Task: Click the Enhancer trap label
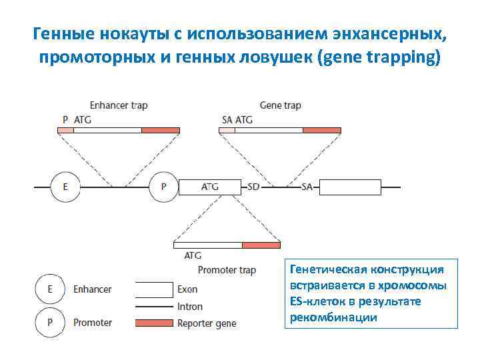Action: tap(119, 105)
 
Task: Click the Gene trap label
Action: tap(280, 105)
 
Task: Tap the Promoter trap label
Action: tap(227, 270)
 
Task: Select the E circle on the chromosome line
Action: tap(65, 187)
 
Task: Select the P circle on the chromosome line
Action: tap(163, 187)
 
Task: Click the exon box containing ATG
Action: tap(209, 187)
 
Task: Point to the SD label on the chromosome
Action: tap(253, 187)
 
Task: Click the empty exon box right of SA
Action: tap(351, 187)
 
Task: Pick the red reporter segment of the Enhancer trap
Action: tap(160, 130)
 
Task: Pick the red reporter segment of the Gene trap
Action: tap(321, 130)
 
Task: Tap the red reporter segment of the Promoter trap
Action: tap(261, 245)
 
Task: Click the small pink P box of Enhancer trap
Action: tap(65, 130)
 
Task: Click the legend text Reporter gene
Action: tap(207, 324)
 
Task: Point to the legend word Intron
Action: tap(190, 307)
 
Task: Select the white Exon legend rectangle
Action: tap(153, 289)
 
